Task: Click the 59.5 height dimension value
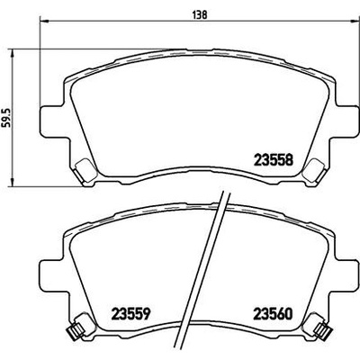click(7, 117)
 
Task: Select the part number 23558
click(274, 160)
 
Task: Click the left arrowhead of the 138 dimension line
click(44, 21)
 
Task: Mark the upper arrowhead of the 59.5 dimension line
click(13, 53)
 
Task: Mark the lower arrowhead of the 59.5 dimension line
click(13, 182)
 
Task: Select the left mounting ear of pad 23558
click(51, 121)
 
